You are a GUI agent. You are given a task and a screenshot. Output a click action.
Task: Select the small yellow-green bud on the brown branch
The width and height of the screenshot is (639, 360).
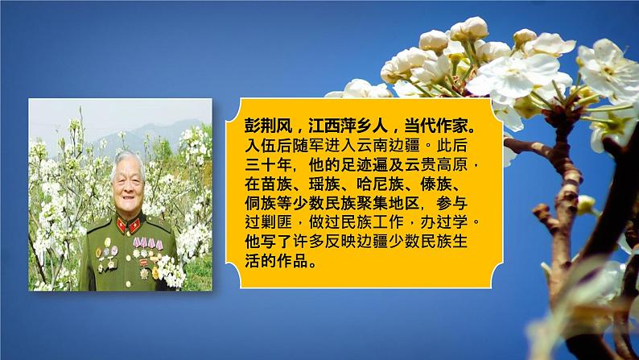[x=586, y=205]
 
